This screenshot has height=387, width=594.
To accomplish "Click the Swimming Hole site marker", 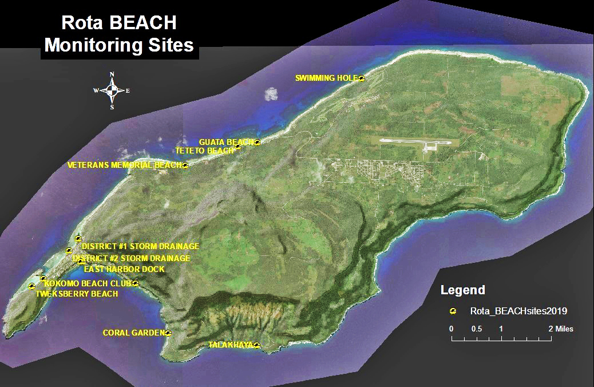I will (362, 78).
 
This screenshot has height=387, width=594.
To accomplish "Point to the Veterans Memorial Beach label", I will (124, 165).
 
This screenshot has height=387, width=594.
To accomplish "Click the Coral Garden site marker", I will (168, 333).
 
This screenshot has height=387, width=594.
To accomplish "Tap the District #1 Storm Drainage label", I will (140, 246).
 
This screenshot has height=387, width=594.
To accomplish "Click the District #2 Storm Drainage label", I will (132, 258).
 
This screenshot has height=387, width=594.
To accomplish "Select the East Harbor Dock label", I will (124, 269).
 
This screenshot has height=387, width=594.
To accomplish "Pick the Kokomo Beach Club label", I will (88, 283).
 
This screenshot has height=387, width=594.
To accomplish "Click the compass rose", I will (112, 90).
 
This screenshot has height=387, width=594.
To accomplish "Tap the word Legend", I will (462, 290).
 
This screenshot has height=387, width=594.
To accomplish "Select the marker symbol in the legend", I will (453, 311).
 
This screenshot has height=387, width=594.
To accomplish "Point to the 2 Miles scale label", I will (560, 329).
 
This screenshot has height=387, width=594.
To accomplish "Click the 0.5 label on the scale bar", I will (476, 329).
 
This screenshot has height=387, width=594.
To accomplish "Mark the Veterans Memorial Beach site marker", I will (185, 165).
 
